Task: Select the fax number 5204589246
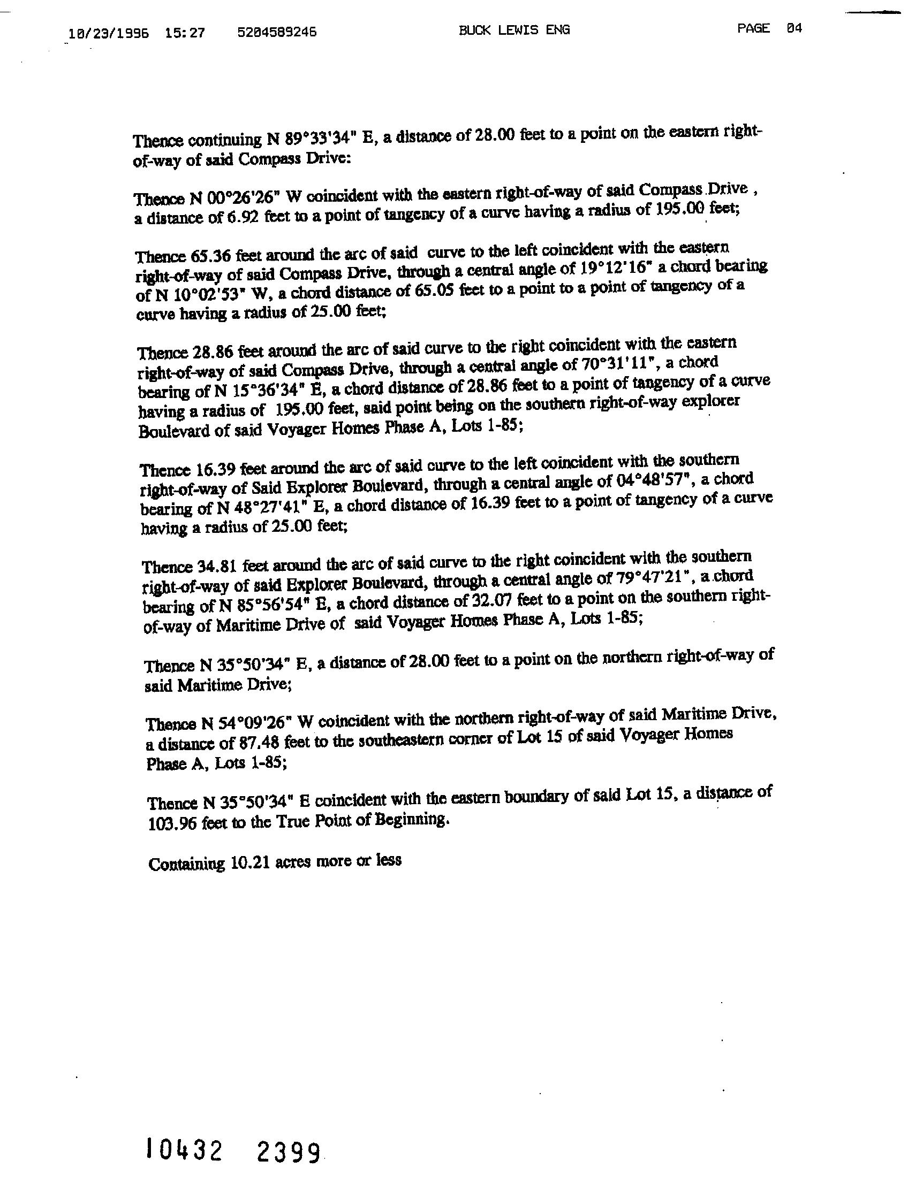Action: point(277,33)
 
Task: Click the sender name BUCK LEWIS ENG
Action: point(513,30)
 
